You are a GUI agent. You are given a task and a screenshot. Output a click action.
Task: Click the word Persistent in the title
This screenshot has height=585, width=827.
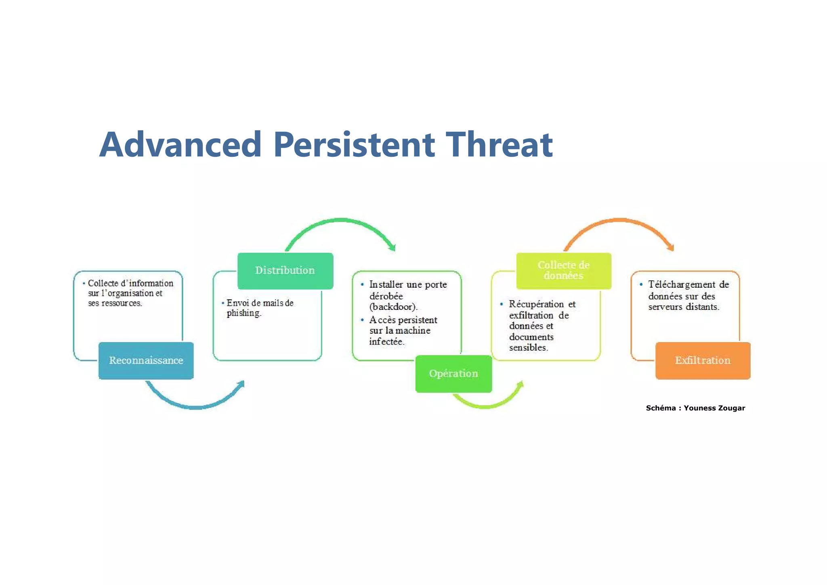click(x=354, y=145)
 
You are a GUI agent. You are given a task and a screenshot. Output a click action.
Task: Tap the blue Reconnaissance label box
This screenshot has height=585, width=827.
click(x=146, y=360)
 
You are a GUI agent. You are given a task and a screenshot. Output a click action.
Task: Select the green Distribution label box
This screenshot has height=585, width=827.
click(x=285, y=271)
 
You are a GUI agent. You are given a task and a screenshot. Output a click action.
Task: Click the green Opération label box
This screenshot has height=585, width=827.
click(x=453, y=374)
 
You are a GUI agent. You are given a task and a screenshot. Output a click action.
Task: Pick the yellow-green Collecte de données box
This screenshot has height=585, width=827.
click(x=564, y=271)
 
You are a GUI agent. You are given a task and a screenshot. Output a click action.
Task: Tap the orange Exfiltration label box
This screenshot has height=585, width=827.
click(x=703, y=360)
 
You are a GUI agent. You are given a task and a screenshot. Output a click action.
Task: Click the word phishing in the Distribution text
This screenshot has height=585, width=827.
click(x=243, y=313)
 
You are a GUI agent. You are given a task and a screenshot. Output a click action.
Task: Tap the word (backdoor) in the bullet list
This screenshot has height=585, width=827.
click(x=393, y=307)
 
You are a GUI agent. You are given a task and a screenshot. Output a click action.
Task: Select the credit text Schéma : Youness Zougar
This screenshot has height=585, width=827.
click(x=695, y=408)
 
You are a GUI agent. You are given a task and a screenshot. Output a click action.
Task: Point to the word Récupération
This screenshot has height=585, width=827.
click(x=536, y=304)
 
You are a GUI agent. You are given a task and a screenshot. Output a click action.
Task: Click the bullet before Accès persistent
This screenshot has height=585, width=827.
click(x=362, y=320)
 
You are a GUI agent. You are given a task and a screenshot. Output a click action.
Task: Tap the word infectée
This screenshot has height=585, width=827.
click(x=386, y=342)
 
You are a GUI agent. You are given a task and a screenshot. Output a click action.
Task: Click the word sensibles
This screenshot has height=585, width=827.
click(x=528, y=347)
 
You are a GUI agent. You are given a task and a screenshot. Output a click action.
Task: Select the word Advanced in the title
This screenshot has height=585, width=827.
click(x=181, y=145)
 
